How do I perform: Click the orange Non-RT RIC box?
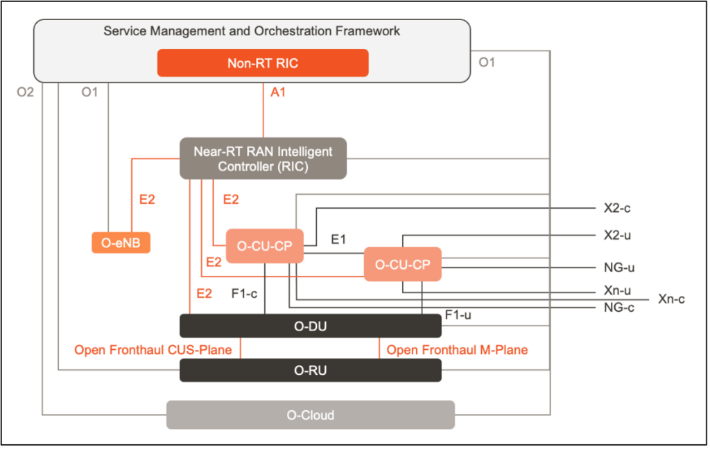click(x=263, y=63)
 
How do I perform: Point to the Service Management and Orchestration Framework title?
click(x=252, y=31)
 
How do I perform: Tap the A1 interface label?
click(x=278, y=91)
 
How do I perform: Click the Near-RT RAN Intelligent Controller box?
click(x=263, y=159)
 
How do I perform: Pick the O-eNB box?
click(x=121, y=243)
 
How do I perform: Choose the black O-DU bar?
click(x=310, y=326)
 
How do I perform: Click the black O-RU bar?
click(x=310, y=370)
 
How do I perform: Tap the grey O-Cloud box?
click(x=310, y=415)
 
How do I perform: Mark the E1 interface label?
click(x=338, y=239)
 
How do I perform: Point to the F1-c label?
click(x=244, y=293)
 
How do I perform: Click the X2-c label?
click(x=618, y=208)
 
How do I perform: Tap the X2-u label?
click(x=618, y=235)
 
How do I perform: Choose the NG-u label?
click(x=619, y=267)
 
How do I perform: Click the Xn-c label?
click(x=671, y=299)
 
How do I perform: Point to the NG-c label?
click(x=619, y=307)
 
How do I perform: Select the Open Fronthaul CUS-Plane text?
click(x=153, y=350)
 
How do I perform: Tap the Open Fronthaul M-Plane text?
click(x=457, y=350)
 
